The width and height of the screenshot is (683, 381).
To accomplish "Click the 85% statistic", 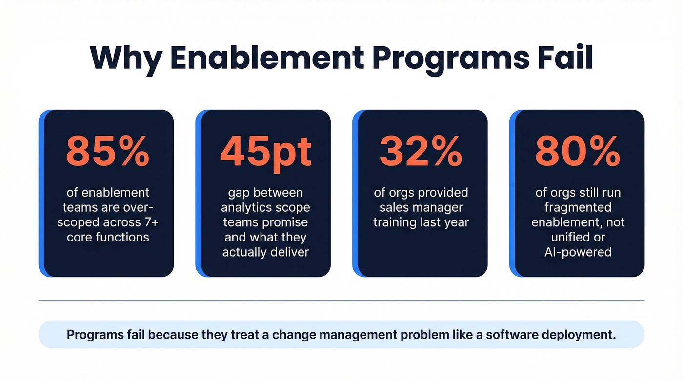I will (108, 151).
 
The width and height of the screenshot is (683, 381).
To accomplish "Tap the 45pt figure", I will (265, 151).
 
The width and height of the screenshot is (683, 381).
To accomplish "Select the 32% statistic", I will (421, 151).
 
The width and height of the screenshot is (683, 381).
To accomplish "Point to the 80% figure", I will (578, 151).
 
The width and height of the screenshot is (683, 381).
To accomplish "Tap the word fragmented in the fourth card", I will (578, 207).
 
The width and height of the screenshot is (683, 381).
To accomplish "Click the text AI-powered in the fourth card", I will (578, 252).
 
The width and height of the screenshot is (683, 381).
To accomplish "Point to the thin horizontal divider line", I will (341, 300).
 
